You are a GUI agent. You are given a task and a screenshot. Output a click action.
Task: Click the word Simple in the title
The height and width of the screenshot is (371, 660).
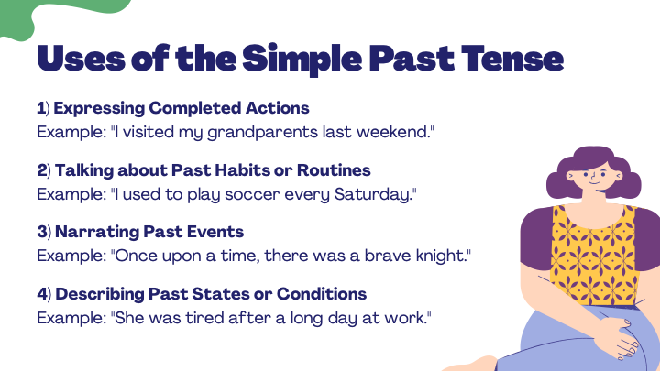pos(302,59)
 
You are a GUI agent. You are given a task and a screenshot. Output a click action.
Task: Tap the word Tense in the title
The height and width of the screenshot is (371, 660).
pos(512,58)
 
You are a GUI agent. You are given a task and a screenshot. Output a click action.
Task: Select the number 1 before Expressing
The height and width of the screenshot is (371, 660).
pos(41,108)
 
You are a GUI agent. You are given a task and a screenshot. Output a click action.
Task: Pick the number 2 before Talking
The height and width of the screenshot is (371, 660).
pos(41,170)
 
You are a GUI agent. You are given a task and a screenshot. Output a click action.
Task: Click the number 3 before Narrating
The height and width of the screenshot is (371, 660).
pos(41,232)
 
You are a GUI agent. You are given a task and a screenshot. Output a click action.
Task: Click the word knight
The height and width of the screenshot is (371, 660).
pos(444,256)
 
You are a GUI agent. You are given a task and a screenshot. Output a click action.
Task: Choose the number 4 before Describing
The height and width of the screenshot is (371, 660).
pos(42,294)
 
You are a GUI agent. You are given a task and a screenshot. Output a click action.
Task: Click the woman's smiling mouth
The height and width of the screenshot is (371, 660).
pos(594,182)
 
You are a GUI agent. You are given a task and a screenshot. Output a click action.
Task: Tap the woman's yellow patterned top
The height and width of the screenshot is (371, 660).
pos(594,255)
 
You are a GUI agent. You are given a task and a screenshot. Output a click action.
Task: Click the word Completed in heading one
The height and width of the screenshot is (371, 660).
pos(195,108)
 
